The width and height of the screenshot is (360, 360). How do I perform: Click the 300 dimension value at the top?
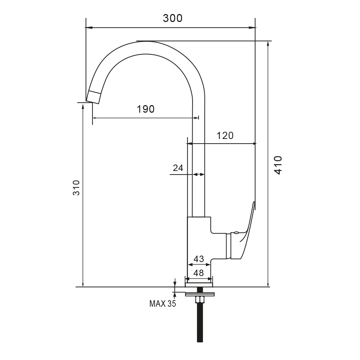click(172, 18)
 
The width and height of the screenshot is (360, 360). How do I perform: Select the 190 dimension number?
click(145, 109)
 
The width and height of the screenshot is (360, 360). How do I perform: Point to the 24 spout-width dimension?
click(178, 167)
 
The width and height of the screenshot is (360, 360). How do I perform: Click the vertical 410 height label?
click(278, 165)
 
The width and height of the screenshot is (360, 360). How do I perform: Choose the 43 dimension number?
click(199, 259)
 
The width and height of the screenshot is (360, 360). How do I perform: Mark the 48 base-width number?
click(199, 273)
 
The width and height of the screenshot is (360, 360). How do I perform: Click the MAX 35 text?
click(162, 304)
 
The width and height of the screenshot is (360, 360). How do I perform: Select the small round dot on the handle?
click(236, 233)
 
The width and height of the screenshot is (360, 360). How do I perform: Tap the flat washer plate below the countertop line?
click(200, 294)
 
